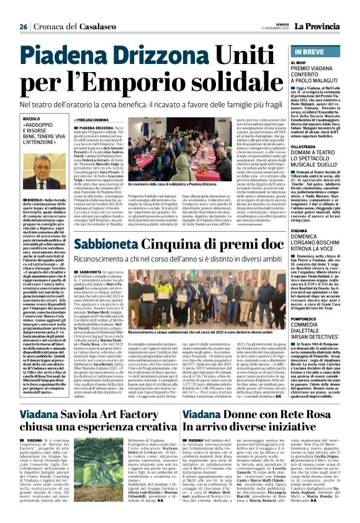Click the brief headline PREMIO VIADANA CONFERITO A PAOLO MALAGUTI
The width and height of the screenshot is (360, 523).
click(325, 75)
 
